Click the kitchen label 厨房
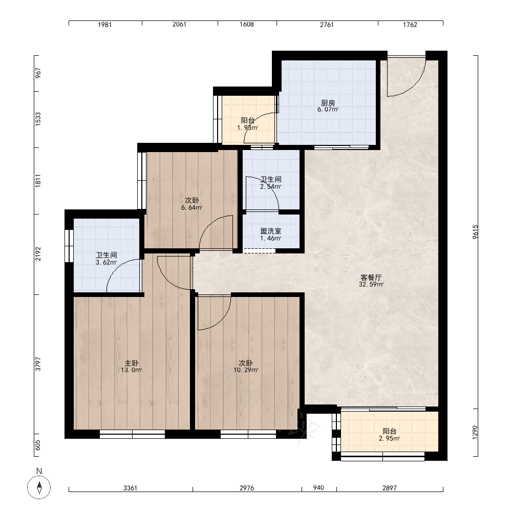click(x=328, y=103)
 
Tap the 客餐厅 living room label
click(x=371, y=278)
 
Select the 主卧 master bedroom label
click(x=131, y=363)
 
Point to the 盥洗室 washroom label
click(x=271, y=231)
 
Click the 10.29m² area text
click(x=246, y=370)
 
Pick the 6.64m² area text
click(x=191, y=207)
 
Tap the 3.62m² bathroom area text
click(x=106, y=262)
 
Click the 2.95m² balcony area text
click(x=389, y=439)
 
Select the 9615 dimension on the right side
click(x=475, y=232)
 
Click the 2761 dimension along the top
click(x=327, y=25)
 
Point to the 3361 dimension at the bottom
click(x=130, y=488)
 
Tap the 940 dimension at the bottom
click(x=318, y=488)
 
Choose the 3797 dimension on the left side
click(x=38, y=364)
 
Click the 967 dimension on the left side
click(x=38, y=73)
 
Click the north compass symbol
click(x=39, y=487)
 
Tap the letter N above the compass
click(x=39, y=471)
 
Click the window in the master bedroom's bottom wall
click(x=132, y=434)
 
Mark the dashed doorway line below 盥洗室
click(x=259, y=251)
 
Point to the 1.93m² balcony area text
click(x=247, y=127)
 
